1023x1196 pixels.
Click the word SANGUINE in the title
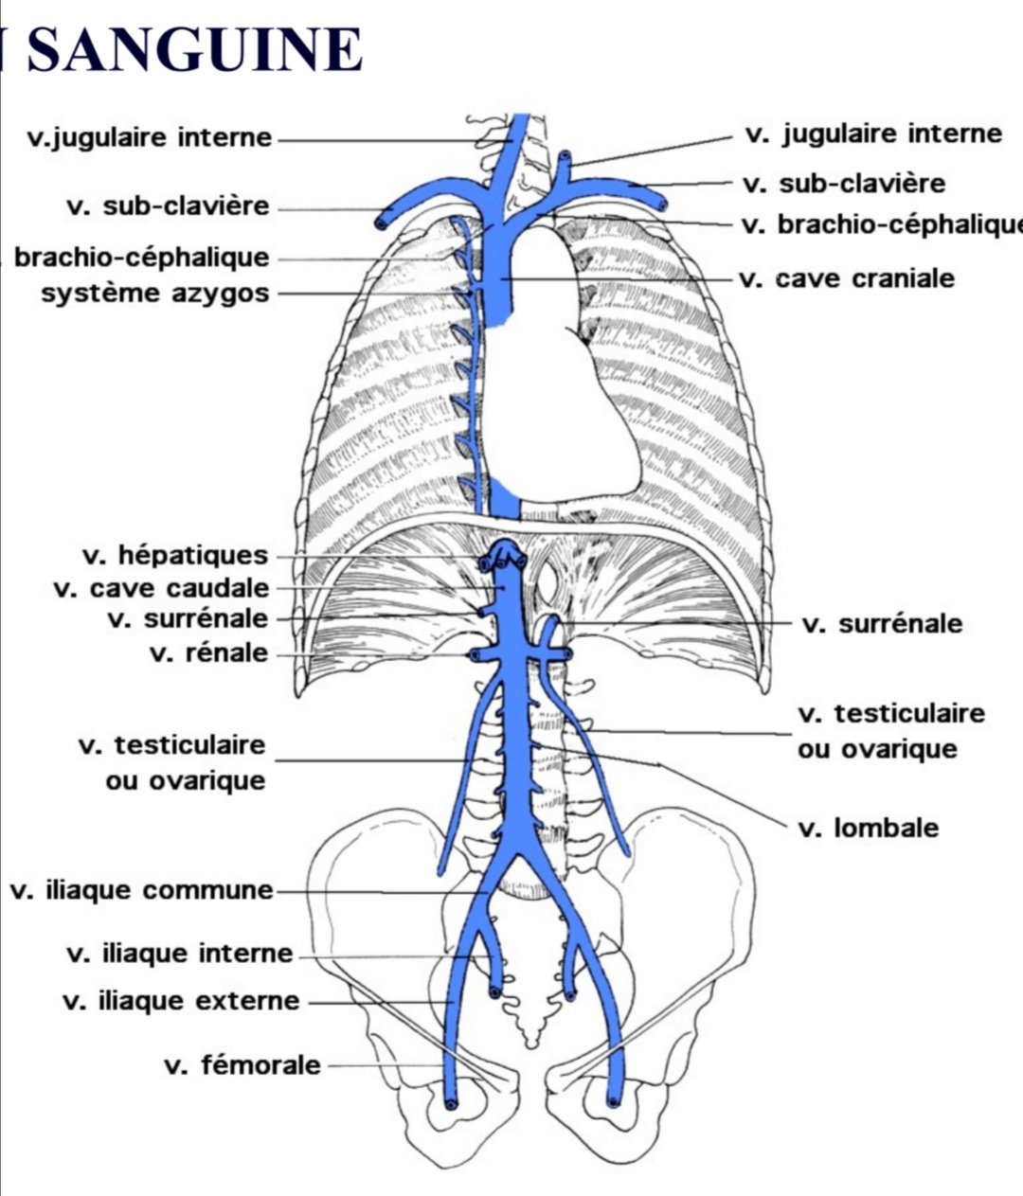click(194, 49)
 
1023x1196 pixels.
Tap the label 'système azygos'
click(154, 294)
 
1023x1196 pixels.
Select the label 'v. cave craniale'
click(846, 279)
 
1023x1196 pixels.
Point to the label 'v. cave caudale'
click(161, 588)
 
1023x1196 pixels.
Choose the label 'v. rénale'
click(208, 653)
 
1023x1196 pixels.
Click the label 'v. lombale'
click(868, 829)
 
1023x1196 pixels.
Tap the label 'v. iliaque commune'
click(141, 891)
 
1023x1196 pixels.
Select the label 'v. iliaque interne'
click(180, 954)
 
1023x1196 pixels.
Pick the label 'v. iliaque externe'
click(181, 1001)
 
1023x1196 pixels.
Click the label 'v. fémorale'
click(242, 1065)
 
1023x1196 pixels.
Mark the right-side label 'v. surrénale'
click(882, 624)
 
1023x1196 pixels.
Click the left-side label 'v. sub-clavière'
click(168, 206)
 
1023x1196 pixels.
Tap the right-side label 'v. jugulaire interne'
click(873, 134)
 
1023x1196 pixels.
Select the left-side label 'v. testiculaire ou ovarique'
click(171, 762)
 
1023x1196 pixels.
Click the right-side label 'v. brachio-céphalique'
click(881, 225)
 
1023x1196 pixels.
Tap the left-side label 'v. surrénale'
click(188, 619)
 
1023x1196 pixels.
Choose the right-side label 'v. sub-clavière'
click(844, 183)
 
